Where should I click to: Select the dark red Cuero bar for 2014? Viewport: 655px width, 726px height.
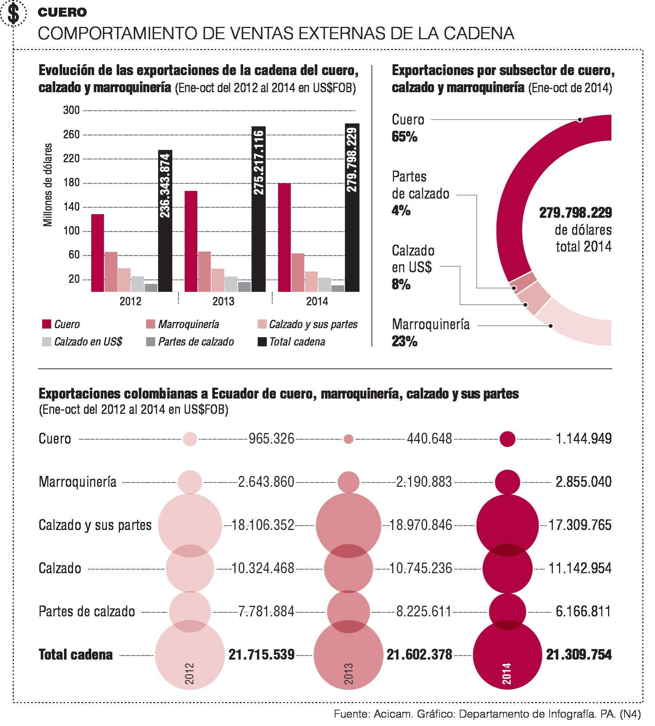(284, 237)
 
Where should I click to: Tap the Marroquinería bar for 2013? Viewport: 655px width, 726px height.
(204, 271)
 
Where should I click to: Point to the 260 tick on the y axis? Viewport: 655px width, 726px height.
(71, 135)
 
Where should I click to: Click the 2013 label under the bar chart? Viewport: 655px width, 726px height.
(223, 301)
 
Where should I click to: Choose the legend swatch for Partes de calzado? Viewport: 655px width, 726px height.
(150, 342)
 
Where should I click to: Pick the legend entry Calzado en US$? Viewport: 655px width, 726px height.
(88, 342)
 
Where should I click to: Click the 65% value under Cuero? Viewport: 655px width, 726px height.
(404, 137)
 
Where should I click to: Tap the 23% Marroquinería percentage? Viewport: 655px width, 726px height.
(404, 342)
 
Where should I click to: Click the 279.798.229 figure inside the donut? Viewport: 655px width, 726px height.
(575, 213)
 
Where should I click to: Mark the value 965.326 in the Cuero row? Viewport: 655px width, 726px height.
(271, 439)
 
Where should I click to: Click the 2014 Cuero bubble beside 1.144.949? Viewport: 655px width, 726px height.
(507, 439)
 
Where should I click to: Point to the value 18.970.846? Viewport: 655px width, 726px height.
(420, 525)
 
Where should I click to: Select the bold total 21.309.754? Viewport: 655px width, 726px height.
(579, 654)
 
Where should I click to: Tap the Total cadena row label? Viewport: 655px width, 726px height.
(76, 654)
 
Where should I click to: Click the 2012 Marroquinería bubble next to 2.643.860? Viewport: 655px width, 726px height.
(190, 482)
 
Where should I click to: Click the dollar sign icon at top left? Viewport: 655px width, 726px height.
(13, 14)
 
